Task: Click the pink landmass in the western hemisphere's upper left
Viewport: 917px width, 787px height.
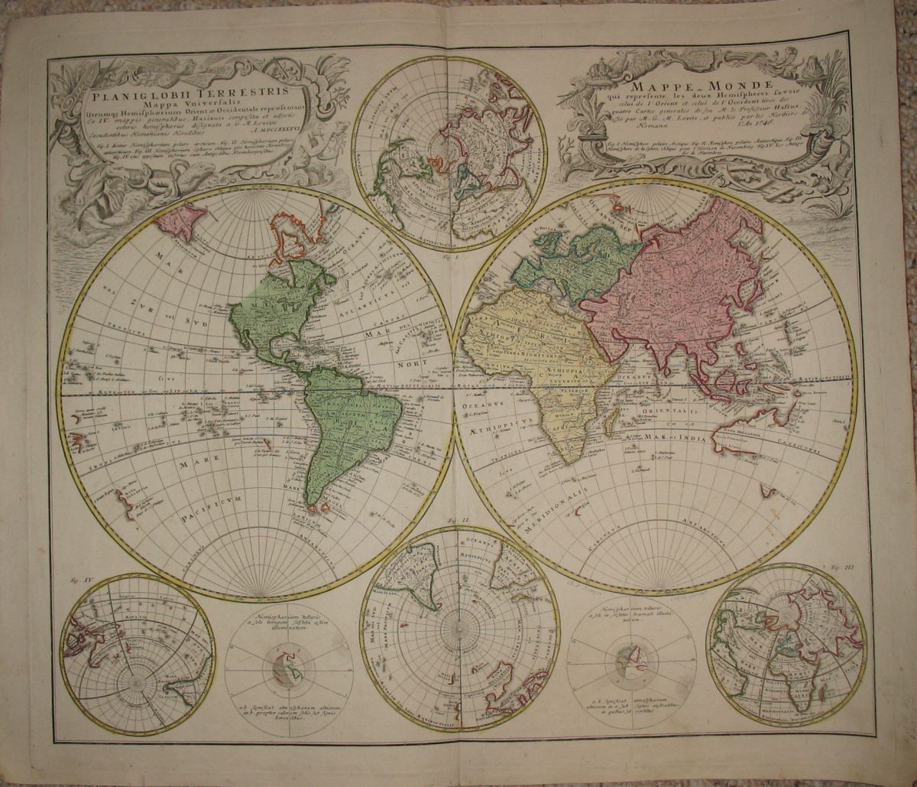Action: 181,221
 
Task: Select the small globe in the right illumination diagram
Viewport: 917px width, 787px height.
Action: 631,662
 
